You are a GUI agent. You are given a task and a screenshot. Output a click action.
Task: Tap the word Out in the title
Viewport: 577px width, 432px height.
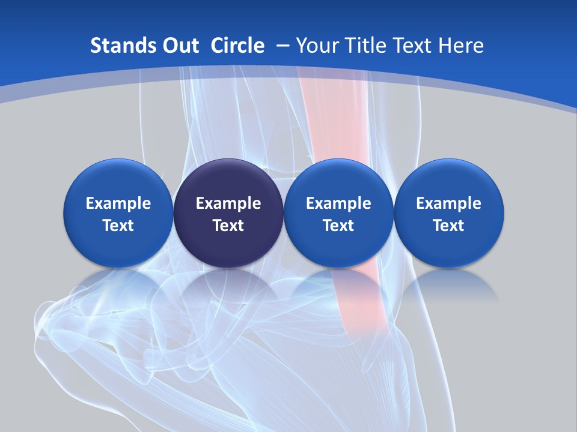(x=176, y=46)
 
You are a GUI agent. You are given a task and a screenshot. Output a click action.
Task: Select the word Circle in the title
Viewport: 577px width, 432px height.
(x=237, y=46)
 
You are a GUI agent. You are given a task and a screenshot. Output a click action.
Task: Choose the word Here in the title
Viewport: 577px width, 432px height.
(x=460, y=46)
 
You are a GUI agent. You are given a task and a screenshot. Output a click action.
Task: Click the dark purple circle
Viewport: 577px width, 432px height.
(x=228, y=213)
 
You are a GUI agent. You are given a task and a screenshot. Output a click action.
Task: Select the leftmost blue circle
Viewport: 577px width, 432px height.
(x=118, y=213)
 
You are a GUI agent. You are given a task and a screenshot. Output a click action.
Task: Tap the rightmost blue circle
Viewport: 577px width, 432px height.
(x=449, y=213)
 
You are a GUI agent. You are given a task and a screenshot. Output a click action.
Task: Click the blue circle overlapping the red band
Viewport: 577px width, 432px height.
(x=338, y=213)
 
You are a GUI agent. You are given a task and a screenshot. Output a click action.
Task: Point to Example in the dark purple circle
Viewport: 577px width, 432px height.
(x=228, y=203)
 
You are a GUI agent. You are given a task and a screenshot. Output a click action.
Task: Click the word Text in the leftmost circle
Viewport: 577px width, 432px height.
(x=118, y=226)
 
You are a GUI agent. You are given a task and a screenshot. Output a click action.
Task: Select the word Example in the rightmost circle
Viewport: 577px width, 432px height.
(x=449, y=203)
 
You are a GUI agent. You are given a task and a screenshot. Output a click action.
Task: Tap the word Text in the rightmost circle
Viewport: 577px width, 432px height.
(x=449, y=226)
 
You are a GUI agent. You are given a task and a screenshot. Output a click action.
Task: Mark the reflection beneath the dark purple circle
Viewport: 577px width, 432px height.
(x=228, y=285)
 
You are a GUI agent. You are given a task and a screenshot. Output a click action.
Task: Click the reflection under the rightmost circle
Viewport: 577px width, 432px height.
(x=449, y=285)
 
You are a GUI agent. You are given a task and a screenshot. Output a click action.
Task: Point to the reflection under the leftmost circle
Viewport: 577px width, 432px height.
(x=118, y=285)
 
